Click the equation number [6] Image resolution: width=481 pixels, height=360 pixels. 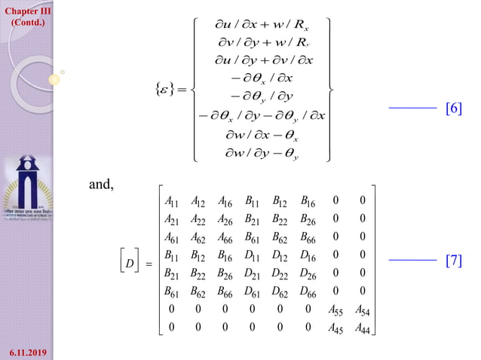tap(454, 109)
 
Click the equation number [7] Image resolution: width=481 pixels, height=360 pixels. tap(454, 262)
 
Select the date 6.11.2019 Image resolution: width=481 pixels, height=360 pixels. tap(26, 350)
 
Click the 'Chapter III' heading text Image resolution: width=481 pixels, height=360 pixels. tap(26, 10)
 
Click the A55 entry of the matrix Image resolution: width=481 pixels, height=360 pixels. tap(338, 310)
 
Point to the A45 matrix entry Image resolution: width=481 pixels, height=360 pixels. tap(338, 328)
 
